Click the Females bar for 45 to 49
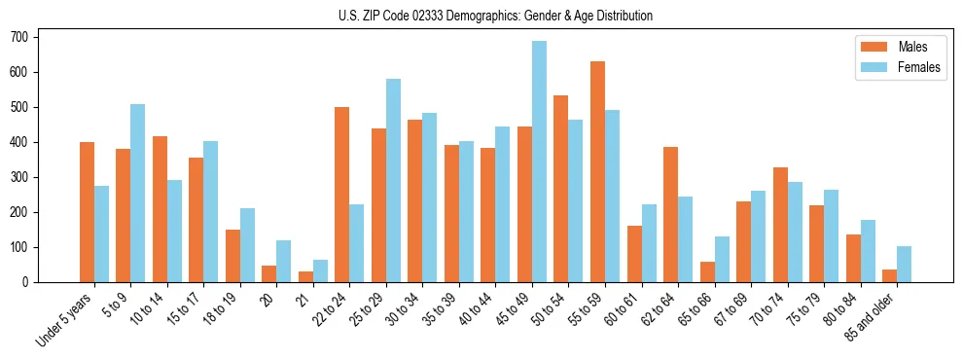[539, 162]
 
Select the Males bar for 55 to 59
[597, 172]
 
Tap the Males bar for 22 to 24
[342, 195]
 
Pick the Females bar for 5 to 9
[137, 194]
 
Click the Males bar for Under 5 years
[87, 212]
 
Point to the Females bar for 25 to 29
[393, 181]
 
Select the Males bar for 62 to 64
[670, 215]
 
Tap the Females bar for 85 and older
[904, 265]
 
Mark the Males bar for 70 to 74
[780, 225]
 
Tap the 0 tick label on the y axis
[30, 282]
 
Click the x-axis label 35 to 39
[438, 308]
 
